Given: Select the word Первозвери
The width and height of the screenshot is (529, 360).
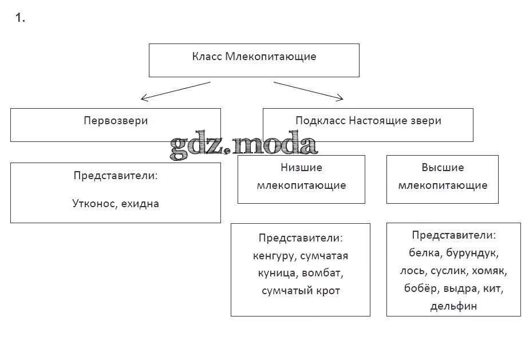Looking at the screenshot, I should tap(116, 121).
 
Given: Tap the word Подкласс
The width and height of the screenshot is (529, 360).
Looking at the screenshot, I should tap(320, 121).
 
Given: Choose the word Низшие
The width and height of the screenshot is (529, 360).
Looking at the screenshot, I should tap(301, 168).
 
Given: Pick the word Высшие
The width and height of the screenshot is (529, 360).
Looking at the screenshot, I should tap(443, 168).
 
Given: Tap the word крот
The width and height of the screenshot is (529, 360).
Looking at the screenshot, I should tap(327, 291).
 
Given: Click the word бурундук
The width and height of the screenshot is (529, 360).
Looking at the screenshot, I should tap(474, 252).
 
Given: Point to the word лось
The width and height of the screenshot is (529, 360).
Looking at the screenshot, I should tap(412, 271).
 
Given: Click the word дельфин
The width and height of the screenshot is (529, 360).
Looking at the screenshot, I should tap(453, 306).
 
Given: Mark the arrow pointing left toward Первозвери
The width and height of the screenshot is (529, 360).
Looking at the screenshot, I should tap(175, 91).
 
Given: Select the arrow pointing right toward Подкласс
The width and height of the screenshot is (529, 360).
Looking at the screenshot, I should tap(309, 91).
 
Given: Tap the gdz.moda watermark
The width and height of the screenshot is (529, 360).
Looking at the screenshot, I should tap(243, 147).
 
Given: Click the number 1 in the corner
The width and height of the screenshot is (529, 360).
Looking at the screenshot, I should tap(19, 18).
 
